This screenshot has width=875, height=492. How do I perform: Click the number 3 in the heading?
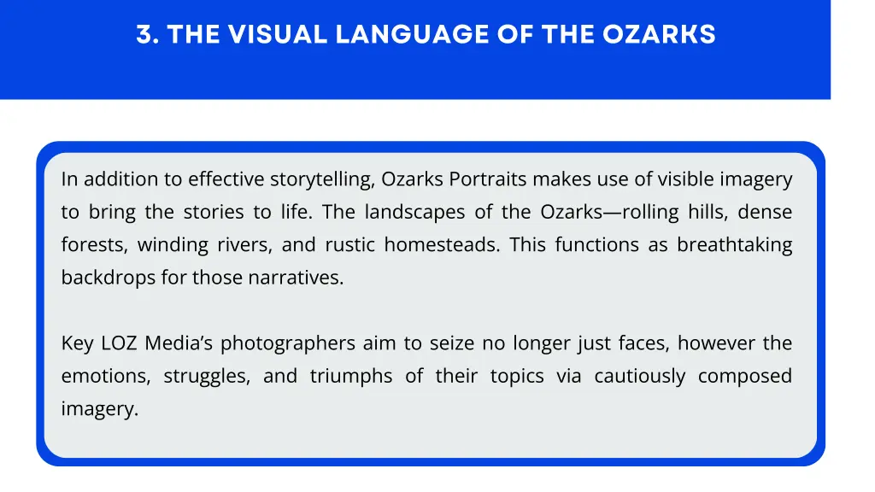point(143,34)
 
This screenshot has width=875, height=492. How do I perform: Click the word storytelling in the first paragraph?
point(321,179)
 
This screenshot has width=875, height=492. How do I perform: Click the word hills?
point(705,212)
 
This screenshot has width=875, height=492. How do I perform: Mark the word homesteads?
point(441,245)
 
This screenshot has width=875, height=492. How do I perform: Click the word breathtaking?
point(734,245)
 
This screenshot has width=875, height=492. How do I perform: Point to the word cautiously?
point(639,377)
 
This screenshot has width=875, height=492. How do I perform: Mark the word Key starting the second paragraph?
point(76,344)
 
